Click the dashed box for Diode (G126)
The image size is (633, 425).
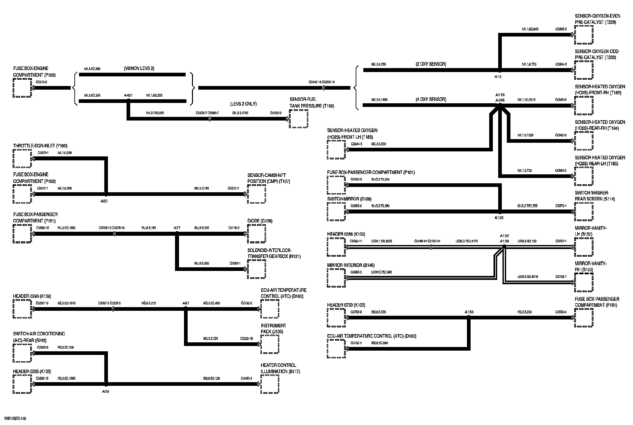point(256,234)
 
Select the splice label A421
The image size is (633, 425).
point(128,96)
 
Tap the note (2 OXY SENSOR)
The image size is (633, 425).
point(431,64)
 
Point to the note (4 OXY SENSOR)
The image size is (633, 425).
point(431,99)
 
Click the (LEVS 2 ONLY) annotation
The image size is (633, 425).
point(243,104)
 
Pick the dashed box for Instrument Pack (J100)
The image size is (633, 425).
point(270,344)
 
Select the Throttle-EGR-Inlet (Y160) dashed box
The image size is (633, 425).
point(22,158)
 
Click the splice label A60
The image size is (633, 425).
point(104,201)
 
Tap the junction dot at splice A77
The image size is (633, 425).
point(177,234)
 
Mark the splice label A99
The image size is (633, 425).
point(106,391)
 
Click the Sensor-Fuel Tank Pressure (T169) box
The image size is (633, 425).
point(298,119)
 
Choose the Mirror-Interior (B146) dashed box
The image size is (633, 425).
point(336,278)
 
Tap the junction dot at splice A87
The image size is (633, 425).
point(186,309)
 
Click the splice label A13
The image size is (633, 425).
point(498,77)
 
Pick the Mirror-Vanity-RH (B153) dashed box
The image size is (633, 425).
point(584,282)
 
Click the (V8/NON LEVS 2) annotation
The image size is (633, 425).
point(138,69)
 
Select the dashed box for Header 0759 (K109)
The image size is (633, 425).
point(336,317)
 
